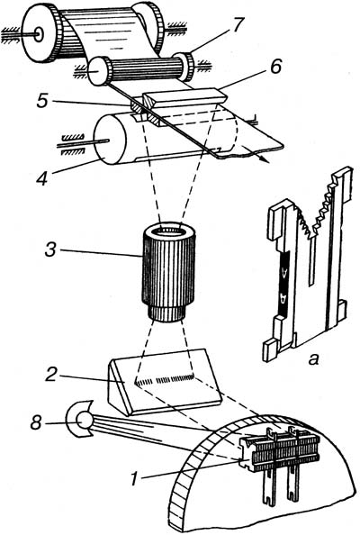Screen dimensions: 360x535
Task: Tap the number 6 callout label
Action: click(x=274, y=68)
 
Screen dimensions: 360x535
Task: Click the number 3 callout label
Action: click(x=50, y=249)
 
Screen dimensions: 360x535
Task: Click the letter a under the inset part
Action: click(x=313, y=359)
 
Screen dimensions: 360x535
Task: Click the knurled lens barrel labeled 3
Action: click(x=167, y=272)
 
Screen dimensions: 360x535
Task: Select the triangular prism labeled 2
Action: click(x=164, y=382)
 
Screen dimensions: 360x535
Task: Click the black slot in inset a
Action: click(x=283, y=282)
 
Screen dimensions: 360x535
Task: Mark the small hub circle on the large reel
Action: click(x=38, y=34)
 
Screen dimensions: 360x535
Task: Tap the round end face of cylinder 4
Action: click(x=110, y=140)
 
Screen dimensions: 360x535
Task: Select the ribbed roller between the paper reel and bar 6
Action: click(x=140, y=69)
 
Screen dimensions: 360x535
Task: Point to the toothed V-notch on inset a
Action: click(x=316, y=212)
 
